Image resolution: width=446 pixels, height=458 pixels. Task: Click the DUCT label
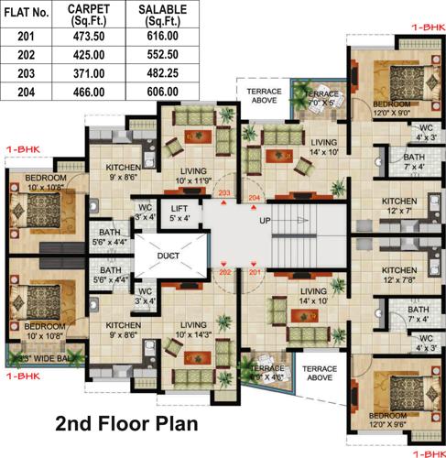point(168,256)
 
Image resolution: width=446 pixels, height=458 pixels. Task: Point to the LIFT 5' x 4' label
point(179,213)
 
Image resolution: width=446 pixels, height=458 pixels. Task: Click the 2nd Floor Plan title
point(125,424)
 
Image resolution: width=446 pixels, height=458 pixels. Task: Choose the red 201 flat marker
point(254,273)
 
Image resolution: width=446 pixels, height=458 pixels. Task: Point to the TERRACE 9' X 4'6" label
point(267,372)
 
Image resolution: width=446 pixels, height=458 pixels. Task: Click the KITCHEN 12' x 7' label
point(399,205)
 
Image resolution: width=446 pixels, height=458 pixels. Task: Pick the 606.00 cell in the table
point(157,92)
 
